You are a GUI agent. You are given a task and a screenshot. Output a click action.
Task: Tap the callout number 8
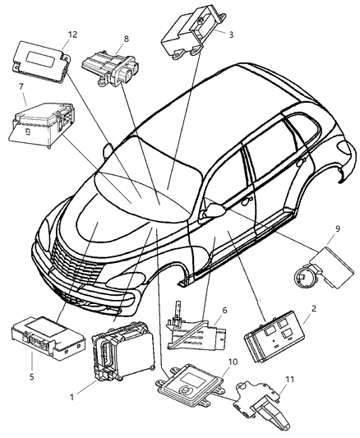point(126,39)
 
